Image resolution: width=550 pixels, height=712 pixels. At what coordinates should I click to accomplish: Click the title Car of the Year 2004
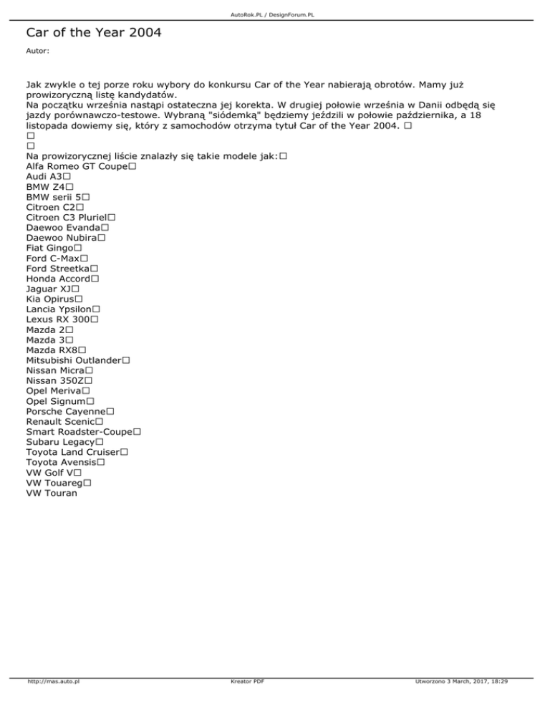[x=94, y=33]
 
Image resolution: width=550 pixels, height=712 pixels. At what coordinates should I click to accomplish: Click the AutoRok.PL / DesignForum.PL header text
[x=275, y=14]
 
